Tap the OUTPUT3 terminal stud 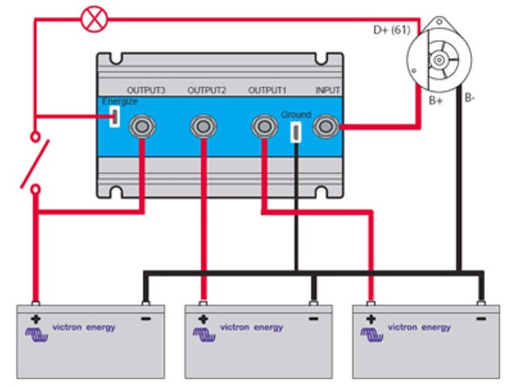point(143,126)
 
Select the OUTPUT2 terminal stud point(202,126)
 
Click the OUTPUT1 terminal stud point(263,126)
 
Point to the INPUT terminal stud point(326,126)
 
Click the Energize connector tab point(115,118)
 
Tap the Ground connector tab point(296,132)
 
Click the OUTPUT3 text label point(146,90)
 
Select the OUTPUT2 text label point(206,90)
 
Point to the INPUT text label point(327,90)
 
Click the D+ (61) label point(390,30)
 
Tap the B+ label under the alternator point(436,102)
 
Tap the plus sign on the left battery point(35,319)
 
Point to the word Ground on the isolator point(296,114)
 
